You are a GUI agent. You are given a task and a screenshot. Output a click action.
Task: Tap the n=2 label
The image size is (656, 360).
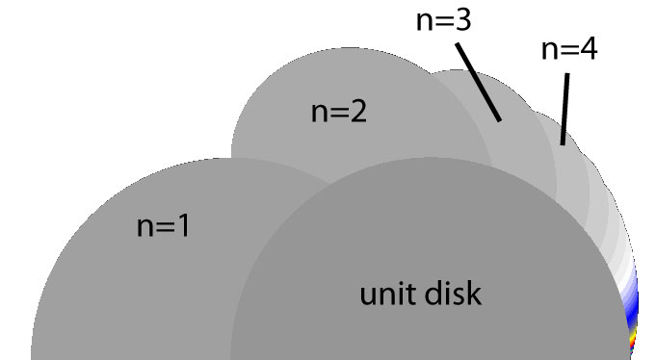(339, 112)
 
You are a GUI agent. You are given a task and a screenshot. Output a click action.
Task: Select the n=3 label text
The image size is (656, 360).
(443, 21)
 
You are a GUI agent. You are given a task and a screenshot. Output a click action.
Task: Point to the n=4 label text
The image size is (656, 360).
(568, 49)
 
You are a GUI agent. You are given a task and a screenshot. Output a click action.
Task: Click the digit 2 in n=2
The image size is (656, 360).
(359, 112)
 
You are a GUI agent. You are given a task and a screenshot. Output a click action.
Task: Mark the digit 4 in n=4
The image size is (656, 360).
(587, 49)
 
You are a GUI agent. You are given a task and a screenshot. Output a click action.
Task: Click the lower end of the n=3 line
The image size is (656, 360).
(499, 119)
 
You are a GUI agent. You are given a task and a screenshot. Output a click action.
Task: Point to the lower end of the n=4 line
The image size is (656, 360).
(562, 142)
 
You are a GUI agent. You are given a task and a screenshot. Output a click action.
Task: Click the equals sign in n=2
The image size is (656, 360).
(339, 113)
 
